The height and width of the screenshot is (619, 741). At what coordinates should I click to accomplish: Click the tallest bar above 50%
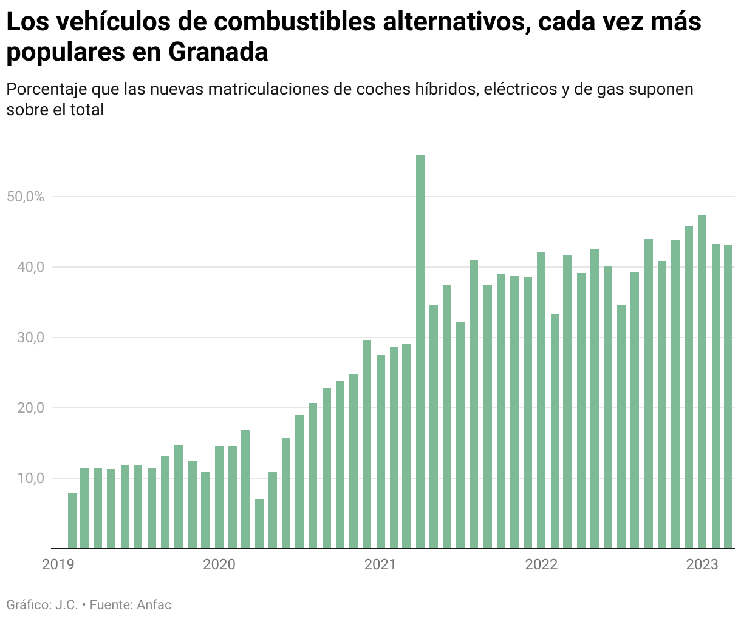(420, 352)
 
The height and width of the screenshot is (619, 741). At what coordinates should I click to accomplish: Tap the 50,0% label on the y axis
(26, 197)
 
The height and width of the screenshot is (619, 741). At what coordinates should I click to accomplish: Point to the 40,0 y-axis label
(31, 267)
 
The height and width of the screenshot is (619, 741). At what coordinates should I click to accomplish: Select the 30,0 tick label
(31, 337)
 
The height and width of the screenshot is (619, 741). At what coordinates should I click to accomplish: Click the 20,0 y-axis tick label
(31, 408)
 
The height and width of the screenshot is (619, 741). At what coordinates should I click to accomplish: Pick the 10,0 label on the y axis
(31, 478)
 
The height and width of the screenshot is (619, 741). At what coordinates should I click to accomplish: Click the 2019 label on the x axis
(58, 564)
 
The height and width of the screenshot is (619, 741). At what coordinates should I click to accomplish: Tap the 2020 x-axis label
(219, 564)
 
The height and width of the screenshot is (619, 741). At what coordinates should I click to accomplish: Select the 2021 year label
(380, 564)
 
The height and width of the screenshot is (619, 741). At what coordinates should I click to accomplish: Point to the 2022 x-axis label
(541, 564)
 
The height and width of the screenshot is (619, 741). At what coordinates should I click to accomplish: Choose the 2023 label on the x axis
(702, 564)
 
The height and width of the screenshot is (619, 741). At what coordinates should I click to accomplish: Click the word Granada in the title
(218, 52)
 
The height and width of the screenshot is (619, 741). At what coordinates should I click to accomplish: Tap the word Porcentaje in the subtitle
(46, 89)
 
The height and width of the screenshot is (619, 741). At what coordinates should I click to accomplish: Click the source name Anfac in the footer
(154, 605)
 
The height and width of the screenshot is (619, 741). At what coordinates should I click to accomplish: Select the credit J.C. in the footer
(66, 605)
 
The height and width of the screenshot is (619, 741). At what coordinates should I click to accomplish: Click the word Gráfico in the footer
(28, 605)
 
